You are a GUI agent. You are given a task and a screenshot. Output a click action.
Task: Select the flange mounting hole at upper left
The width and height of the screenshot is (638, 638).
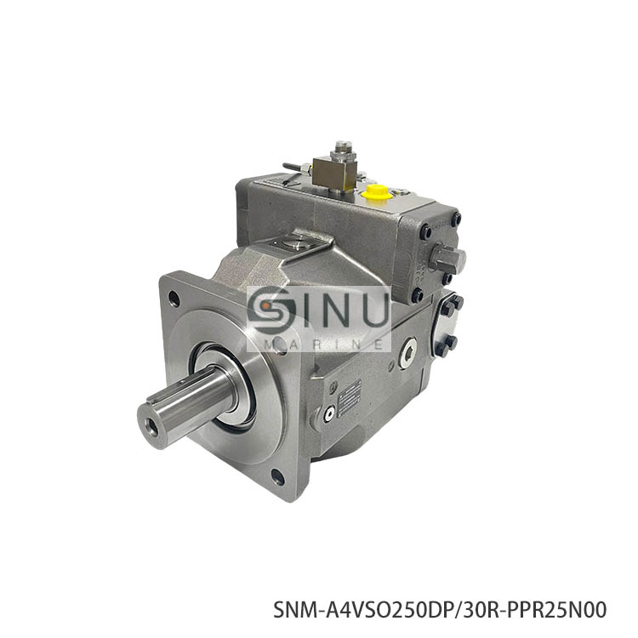tap(174, 299)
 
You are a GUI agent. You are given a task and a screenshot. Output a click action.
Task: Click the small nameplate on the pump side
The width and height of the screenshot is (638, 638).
tap(350, 397)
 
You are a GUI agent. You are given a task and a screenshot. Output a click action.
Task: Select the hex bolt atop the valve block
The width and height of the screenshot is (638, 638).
tap(342, 150)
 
